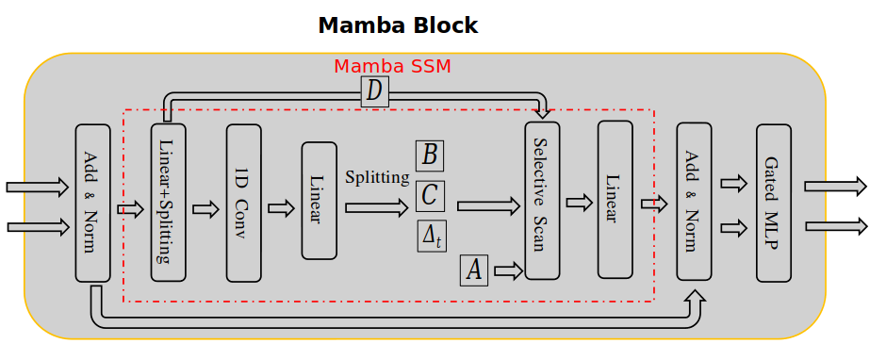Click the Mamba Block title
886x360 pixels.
tap(398, 25)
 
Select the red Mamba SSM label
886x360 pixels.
tap(392, 67)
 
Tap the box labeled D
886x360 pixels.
tap(374, 91)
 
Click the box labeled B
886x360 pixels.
tap(430, 155)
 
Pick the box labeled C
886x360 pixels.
tap(430, 195)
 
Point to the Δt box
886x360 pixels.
tap(432, 236)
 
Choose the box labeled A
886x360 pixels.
tap(474, 270)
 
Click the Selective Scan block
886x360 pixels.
tap(542, 200)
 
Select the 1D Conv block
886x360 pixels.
tap(243, 203)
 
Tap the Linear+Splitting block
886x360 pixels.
tap(169, 203)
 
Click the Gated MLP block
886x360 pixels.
tap(774, 202)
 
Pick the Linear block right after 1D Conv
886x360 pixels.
tap(319, 201)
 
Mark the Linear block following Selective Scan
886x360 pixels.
tap(615, 200)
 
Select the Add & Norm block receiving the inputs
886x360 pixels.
tap(92, 203)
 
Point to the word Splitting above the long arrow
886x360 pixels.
tap(377, 177)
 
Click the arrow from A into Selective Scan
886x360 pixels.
tap(508, 271)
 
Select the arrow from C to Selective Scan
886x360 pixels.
tap(488, 205)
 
